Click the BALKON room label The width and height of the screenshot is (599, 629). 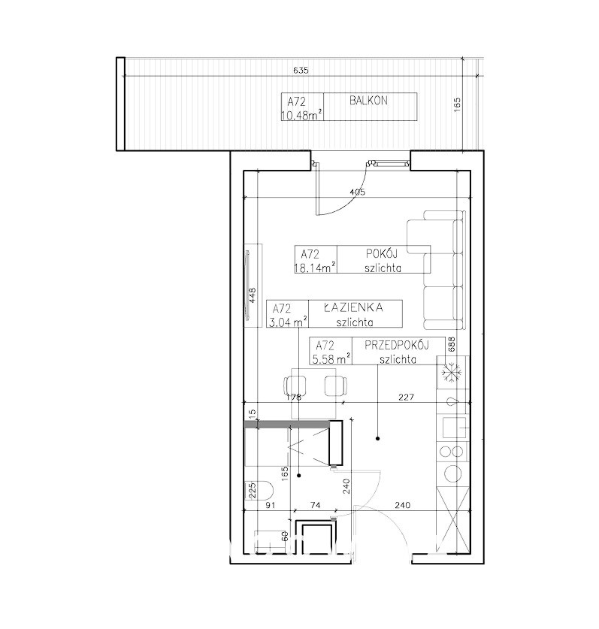(x=368, y=100)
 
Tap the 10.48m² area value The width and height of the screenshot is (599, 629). (x=301, y=116)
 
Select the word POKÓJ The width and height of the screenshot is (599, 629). (x=382, y=253)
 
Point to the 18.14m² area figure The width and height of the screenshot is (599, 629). (x=316, y=268)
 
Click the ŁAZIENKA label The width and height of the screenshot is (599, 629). (x=353, y=307)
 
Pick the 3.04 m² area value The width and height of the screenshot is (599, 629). (x=288, y=322)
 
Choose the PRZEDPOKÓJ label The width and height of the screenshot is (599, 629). (x=397, y=345)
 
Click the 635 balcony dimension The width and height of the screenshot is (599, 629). (x=301, y=71)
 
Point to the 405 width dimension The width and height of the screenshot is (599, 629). (x=358, y=192)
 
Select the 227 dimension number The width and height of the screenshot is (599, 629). (x=407, y=397)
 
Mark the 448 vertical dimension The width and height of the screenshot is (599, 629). (x=253, y=295)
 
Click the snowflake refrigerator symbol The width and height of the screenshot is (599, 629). (x=452, y=373)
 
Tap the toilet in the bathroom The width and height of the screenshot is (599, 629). (x=259, y=490)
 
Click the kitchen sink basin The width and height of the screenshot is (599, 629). (x=454, y=428)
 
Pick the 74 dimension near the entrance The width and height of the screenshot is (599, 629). (x=316, y=506)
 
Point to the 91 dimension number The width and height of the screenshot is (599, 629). (x=271, y=506)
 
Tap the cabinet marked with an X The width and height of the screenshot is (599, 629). (x=452, y=519)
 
